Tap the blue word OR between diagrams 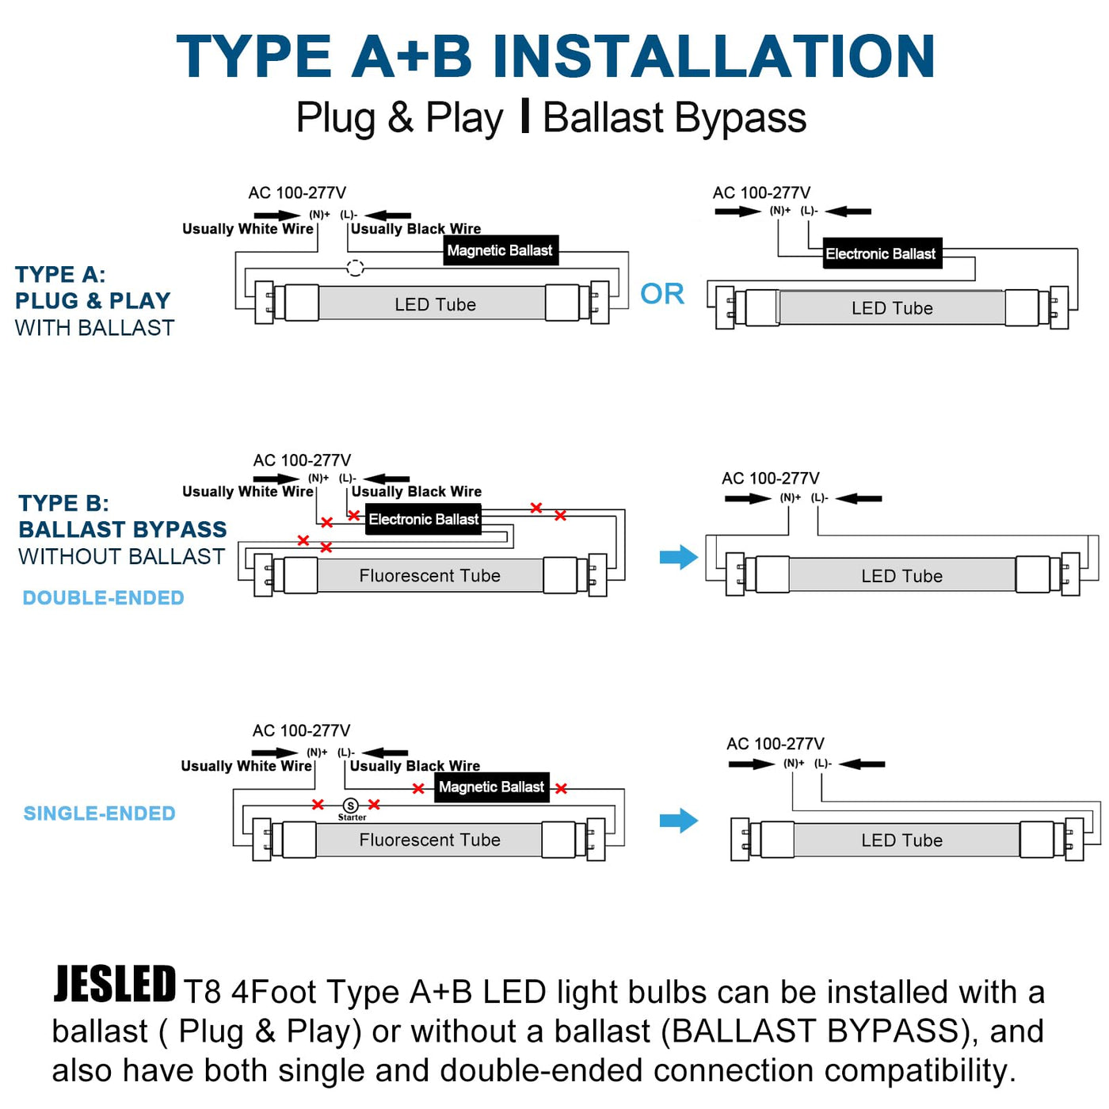662,294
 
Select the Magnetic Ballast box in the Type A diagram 501,250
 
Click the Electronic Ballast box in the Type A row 882,253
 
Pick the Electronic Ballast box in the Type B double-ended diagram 423,519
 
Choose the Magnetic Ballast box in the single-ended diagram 491,787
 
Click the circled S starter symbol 350,806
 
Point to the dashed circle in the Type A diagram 356,268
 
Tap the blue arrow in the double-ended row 679,557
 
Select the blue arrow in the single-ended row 679,820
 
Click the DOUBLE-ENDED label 103,598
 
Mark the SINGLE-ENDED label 100,814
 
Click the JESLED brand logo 115,984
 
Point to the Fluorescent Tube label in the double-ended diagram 429,576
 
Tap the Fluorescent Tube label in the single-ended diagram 429,840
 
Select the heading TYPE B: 63,503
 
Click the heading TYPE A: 60,274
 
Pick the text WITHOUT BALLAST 122,557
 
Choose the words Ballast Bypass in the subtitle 674,118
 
